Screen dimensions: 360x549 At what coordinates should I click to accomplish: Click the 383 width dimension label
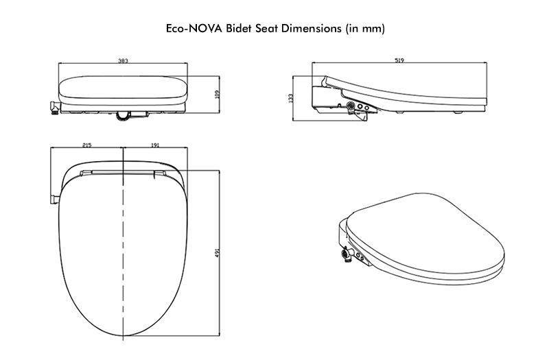[124, 61]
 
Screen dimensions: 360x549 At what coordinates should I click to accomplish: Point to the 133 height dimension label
[292, 98]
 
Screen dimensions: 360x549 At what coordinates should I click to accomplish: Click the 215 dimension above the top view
[87, 146]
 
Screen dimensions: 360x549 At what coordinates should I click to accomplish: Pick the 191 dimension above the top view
[154, 146]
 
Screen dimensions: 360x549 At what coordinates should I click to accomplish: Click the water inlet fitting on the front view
[53, 108]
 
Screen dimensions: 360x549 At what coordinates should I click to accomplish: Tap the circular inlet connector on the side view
[352, 106]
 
